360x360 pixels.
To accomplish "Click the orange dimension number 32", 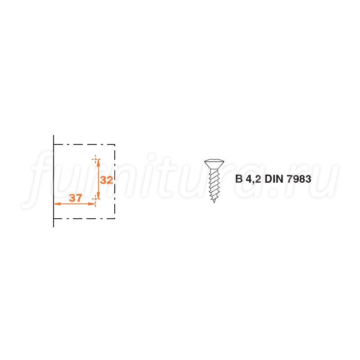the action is [x=107, y=180].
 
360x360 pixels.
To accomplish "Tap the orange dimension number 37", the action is [x=76, y=198].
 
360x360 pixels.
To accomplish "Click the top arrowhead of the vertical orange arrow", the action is [x=98, y=162].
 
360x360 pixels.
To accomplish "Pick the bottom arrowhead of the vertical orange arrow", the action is [x=98, y=196].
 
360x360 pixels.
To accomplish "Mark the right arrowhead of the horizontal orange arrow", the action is [x=92, y=204].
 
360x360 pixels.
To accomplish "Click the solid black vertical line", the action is [x=54, y=181].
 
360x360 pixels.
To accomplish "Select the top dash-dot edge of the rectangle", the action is [x=84, y=144].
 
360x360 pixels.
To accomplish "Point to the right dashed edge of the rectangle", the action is [x=115, y=181].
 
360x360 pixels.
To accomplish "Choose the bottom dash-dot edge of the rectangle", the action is [x=84, y=218].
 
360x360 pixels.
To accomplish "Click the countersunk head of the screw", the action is [x=214, y=164].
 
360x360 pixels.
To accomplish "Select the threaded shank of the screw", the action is [x=214, y=184].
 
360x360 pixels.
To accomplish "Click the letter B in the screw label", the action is [x=239, y=179].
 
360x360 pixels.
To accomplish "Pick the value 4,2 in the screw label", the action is [x=253, y=179].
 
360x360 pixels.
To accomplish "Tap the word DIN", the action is [x=274, y=179].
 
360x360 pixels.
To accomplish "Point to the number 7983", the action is [x=299, y=179].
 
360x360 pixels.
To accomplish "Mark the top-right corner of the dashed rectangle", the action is [x=115, y=144].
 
